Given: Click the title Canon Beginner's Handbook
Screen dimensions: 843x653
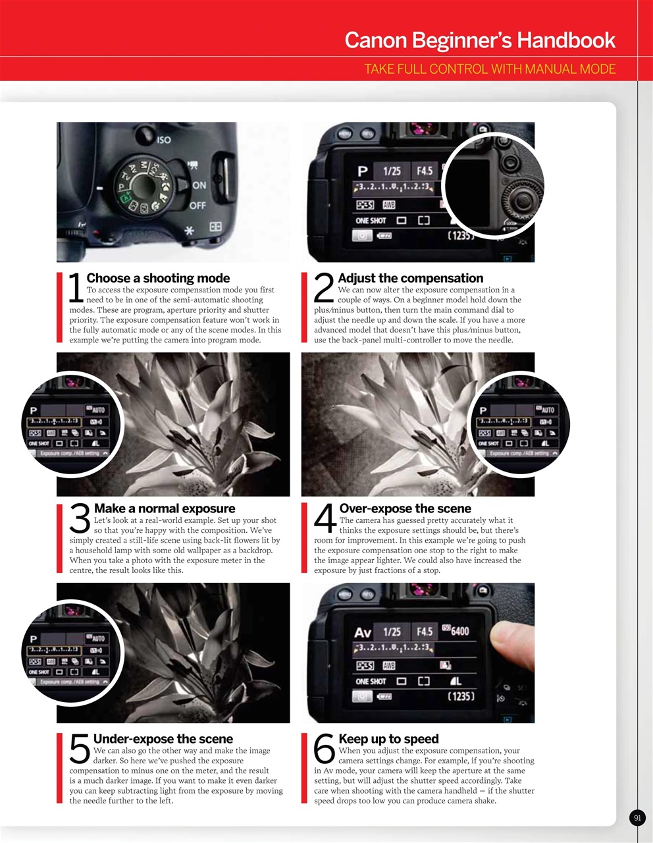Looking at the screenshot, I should [x=480, y=40].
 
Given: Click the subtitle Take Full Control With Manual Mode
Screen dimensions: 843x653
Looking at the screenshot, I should [x=490, y=69].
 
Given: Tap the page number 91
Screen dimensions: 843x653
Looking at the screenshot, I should [x=637, y=818].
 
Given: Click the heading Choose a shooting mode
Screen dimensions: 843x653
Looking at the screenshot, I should [x=158, y=278].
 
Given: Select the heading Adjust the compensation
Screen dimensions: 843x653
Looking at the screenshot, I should [x=410, y=278].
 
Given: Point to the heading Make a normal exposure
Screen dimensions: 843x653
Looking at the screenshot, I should [x=165, y=508].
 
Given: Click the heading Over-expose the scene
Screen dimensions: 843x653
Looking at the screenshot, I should [x=405, y=508].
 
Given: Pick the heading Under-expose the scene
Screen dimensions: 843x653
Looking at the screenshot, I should [x=163, y=739].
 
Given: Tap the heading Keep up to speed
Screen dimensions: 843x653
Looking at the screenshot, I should [x=388, y=739].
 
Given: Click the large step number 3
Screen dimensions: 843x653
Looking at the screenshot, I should [x=80, y=519].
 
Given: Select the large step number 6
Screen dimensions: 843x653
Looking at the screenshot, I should [x=325, y=749].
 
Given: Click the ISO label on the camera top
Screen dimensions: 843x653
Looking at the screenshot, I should [x=164, y=140].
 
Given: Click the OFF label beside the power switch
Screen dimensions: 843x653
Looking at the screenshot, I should [x=197, y=205].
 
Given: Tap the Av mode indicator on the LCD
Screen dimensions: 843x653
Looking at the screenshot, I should [x=363, y=632].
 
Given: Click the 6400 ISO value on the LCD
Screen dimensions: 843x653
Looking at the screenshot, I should [x=459, y=631].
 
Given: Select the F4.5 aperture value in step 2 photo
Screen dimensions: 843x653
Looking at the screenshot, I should [x=425, y=171].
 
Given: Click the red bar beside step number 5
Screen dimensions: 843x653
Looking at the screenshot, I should [x=59, y=768].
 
